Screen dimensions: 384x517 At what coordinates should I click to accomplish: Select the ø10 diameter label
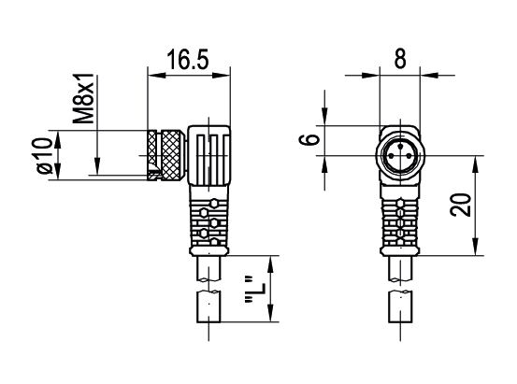pos(40,156)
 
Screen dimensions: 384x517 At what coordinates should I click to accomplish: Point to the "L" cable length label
pos(250,289)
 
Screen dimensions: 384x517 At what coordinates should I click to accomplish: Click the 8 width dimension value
pos(399,60)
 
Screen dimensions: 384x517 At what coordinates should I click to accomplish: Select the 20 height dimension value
pos(459,206)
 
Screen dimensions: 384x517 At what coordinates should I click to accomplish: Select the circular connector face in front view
pos(399,155)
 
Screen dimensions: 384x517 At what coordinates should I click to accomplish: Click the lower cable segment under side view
pos(208,307)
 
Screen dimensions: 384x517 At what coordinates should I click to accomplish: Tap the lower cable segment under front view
pos(399,307)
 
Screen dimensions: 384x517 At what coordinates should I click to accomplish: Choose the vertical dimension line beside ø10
pos(57,155)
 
